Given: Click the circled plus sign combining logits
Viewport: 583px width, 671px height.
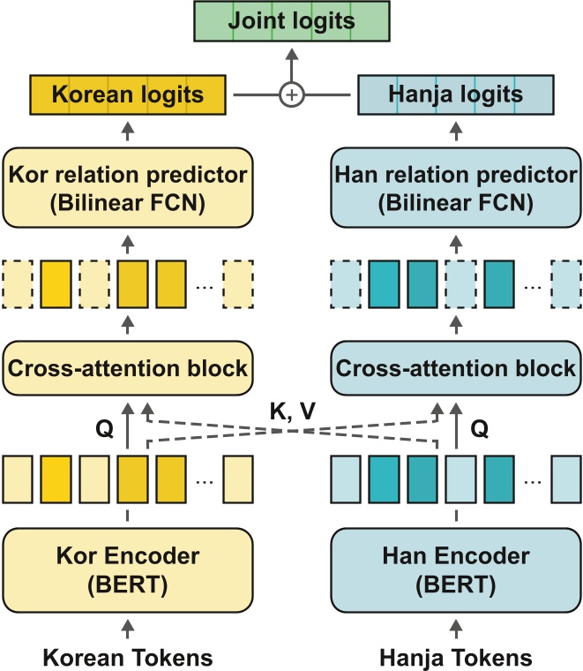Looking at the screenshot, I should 290,94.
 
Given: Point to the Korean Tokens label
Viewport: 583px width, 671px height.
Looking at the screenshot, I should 128,656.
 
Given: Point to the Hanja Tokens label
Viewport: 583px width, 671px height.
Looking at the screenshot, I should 454,656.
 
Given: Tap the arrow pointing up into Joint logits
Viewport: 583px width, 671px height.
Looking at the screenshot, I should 290,64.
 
